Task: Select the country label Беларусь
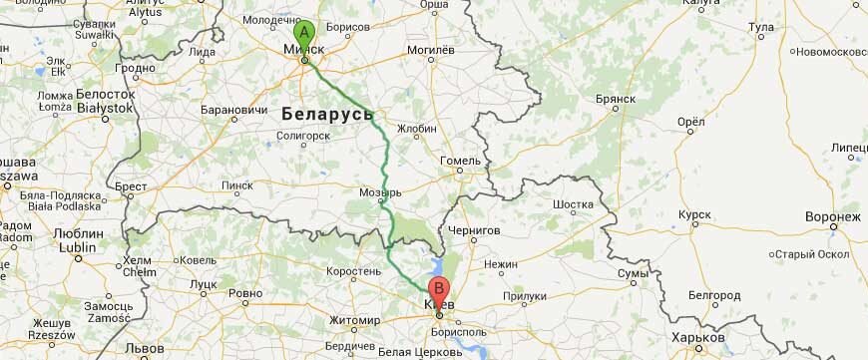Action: [326, 111]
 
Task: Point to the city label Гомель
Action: [461, 160]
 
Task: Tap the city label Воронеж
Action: [832, 216]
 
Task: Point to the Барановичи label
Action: [234, 109]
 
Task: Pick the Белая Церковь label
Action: [408, 352]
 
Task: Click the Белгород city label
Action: [713, 295]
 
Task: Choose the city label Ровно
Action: [244, 293]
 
